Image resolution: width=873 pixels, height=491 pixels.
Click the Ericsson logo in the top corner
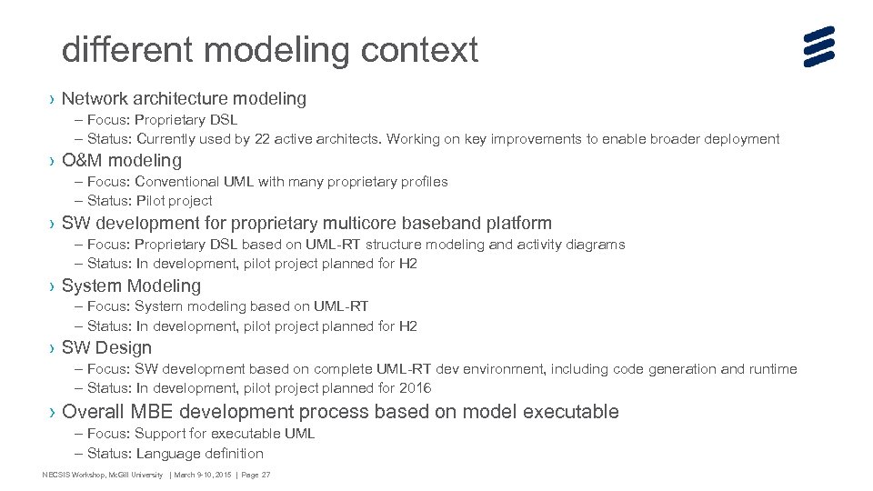pyautogui.click(x=818, y=46)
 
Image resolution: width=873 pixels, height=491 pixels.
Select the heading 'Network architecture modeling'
pyautogui.click(x=184, y=98)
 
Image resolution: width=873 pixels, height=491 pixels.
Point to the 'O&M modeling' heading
pyautogui.click(x=122, y=161)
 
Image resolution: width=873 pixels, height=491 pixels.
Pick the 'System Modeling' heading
pyautogui.click(x=131, y=286)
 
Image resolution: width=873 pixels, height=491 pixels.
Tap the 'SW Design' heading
pyautogui.click(x=106, y=347)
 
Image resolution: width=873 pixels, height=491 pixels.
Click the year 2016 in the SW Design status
pyautogui.click(x=415, y=388)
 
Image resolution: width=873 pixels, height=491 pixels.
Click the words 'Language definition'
pyautogui.click(x=200, y=454)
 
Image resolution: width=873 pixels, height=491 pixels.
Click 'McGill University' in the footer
pyautogui.click(x=136, y=475)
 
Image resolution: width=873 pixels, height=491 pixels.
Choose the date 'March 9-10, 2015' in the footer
pyautogui.click(x=202, y=475)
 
